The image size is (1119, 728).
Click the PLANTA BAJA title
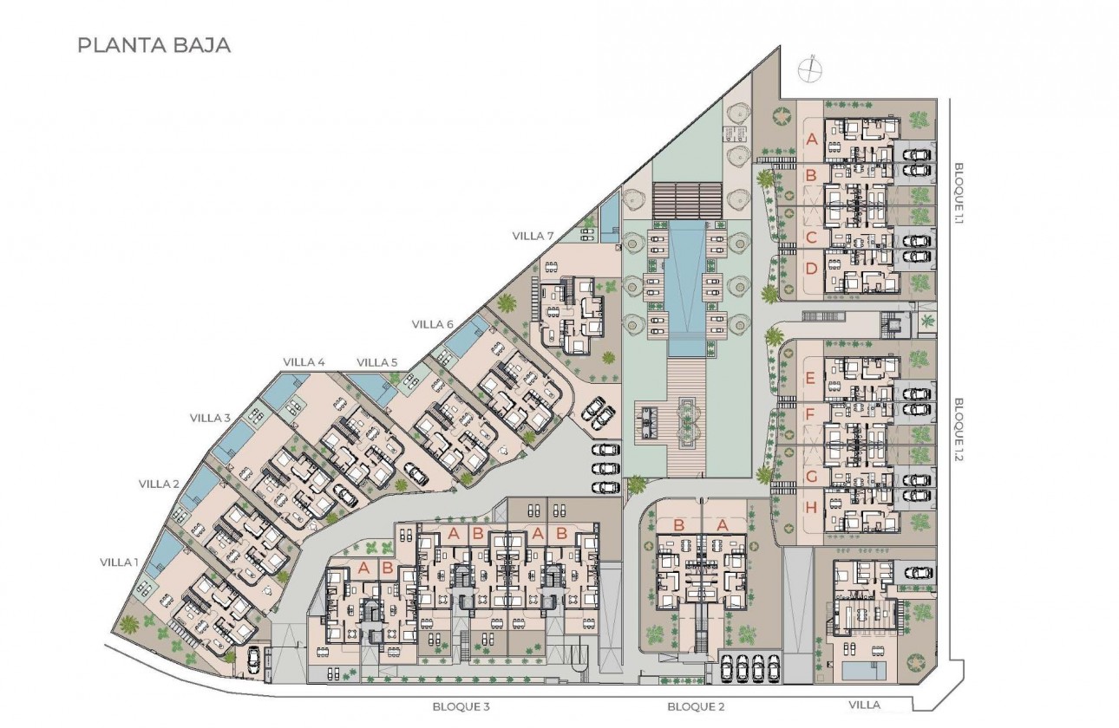click(154, 46)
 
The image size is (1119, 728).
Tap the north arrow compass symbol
click(809, 68)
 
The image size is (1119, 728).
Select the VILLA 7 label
click(533, 236)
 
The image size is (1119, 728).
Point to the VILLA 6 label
click(433, 324)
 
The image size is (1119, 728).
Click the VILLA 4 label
click(304, 361)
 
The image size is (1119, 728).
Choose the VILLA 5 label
click(377, 361)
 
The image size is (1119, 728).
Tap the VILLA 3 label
click(210, 418)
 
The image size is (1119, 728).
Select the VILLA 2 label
click(159, 484)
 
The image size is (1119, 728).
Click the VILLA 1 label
click(119, 562)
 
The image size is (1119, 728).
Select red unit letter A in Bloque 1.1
click(812, 139)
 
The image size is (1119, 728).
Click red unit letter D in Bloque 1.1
click(812, 269)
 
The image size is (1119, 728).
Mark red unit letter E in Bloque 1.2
click(810, 378)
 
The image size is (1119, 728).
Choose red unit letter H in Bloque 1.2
click(810, 508)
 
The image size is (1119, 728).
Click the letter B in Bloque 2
click(679, 524)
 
